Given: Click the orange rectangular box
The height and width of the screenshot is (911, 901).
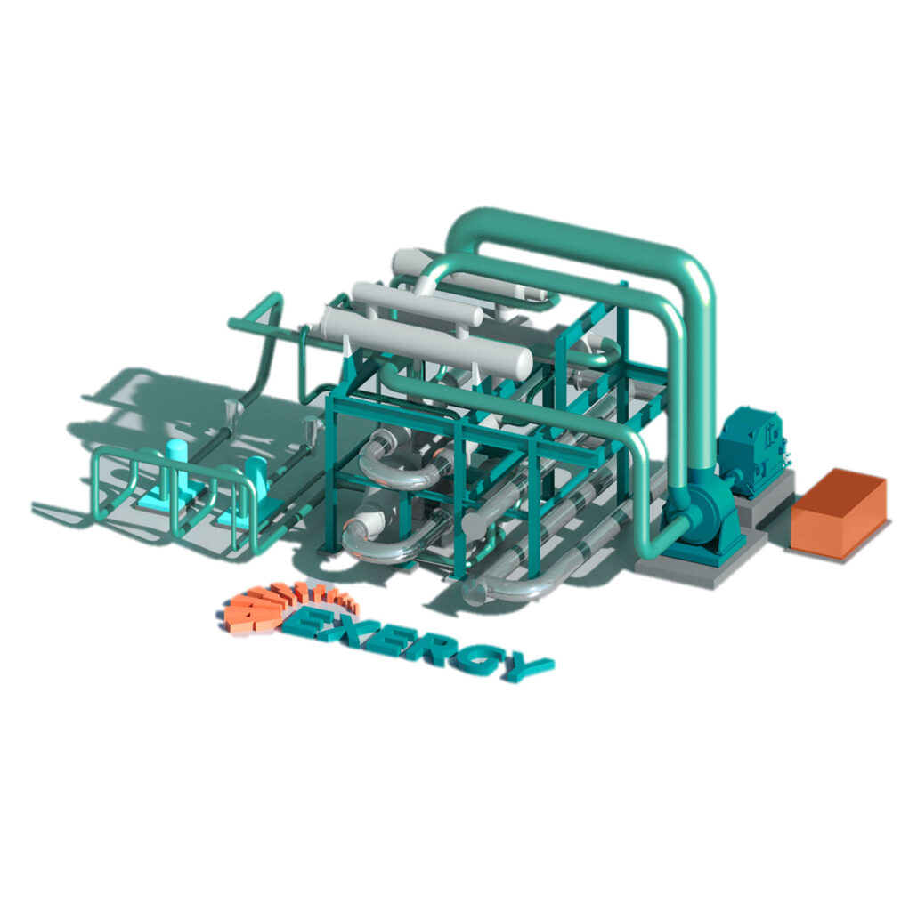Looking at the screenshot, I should tap(837, 513).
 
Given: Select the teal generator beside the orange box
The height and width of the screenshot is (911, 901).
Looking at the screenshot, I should tap(752, 449).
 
